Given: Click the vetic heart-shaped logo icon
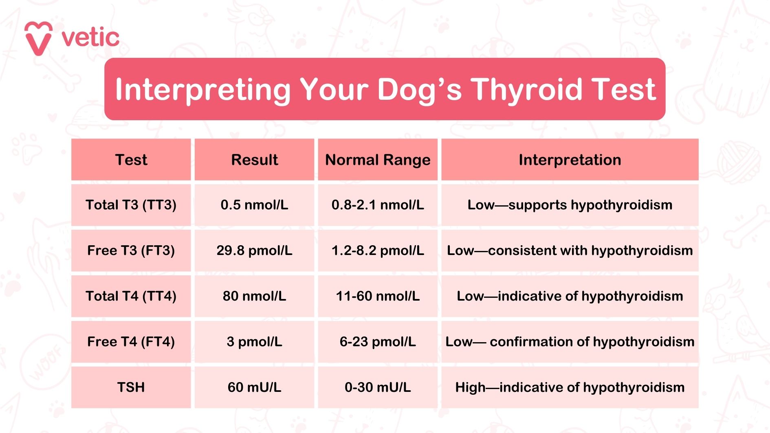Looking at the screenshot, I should point(38,38).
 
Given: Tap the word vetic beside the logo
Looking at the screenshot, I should point(90,38).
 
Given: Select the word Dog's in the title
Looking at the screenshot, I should point(420,89).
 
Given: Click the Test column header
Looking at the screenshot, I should point(131,160).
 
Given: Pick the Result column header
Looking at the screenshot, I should point(254,160).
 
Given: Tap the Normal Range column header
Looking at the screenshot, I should point(378,160).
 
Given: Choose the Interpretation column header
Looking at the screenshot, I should point(570,160).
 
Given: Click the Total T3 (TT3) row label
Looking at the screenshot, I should point(131,205).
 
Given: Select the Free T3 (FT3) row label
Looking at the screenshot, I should point(131,251).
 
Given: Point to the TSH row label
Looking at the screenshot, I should point(131,387).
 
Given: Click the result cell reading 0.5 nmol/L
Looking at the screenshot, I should point(254,205).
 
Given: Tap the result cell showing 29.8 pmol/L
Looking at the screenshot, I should point(254,251).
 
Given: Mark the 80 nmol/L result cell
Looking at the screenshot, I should point(254,296).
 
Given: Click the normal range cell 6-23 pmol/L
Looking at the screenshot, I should point(378,342).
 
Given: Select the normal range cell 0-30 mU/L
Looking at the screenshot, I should point(378,387).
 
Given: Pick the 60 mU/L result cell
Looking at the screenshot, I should point(254,387).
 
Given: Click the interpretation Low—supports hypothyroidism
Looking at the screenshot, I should point(570,205).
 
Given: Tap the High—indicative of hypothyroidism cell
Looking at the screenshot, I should point(570,387).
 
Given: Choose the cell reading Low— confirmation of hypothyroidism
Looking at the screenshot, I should point(570,342).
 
